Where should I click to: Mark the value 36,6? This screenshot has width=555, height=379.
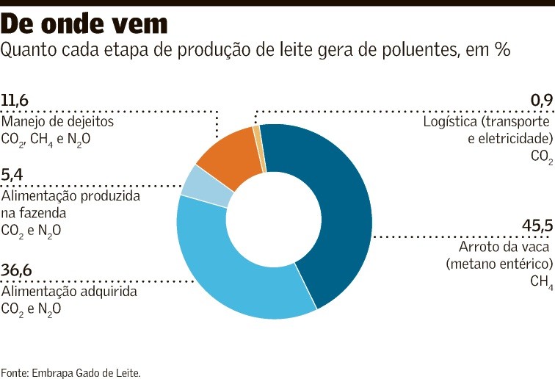[x=17, y=271]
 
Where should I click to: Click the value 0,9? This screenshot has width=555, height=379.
[x=540, y=101]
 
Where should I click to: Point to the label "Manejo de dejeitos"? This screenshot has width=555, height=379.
[x=57, y=121]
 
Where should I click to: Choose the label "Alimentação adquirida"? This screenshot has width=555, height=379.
[x=70, y=292]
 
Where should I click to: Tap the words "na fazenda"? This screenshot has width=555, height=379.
[x=34, y=213]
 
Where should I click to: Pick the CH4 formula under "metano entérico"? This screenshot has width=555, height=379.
[x=540, y=281]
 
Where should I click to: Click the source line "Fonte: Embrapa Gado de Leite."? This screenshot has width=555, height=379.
[x=70, y=372]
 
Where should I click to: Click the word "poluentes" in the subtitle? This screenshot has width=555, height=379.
[x=402, y=49]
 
